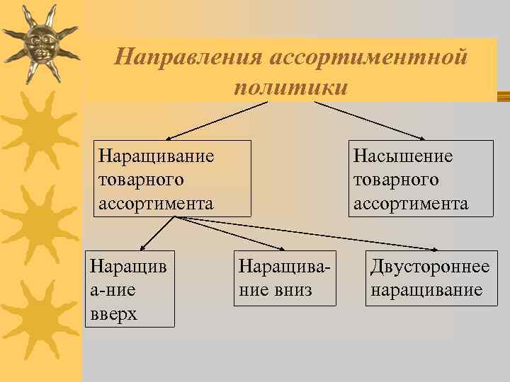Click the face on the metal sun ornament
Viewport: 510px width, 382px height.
(40, 45)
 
